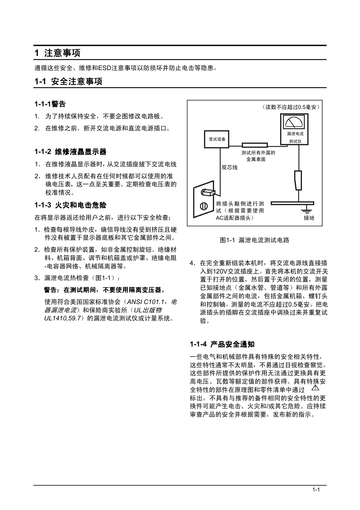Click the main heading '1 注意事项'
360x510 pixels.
click(57, 53)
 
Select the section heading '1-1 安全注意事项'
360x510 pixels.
click(69, 81)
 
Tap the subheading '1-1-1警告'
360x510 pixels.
click(50, 104)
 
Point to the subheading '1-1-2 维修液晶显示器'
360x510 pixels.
click(70, 151)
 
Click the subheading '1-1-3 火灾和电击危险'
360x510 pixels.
click(70, 205)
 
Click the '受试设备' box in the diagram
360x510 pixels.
click(217, 139)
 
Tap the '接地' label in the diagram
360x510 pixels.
click(309, 218)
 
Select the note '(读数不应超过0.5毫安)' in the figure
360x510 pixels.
click(290, 107)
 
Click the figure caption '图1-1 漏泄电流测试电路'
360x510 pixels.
click(255, 240)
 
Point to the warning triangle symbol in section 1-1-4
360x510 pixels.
click(315, 388)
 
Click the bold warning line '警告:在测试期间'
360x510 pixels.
click(105, 290)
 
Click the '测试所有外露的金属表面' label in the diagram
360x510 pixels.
click(258, 156)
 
